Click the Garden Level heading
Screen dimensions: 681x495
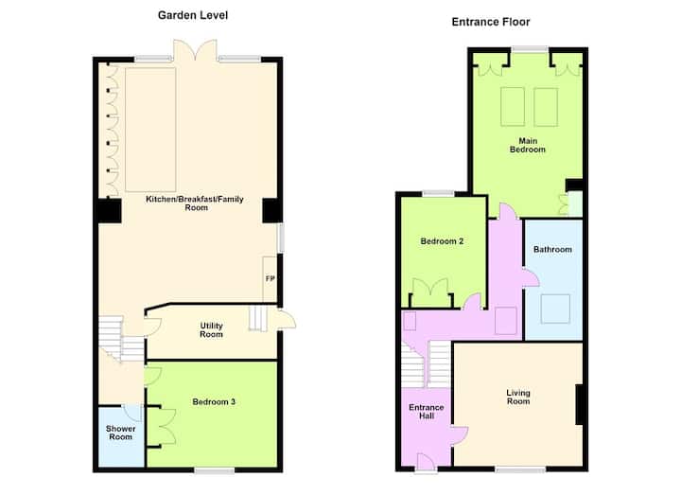tap(193, 15)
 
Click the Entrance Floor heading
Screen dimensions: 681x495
tap(491, 22)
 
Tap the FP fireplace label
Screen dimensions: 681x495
tap(271, 278)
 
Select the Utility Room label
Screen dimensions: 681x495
tap(212, 330)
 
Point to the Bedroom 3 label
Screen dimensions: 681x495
tap(214, 402)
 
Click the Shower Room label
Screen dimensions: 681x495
tap(121, 433)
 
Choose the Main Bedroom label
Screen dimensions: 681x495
tap(528, 145)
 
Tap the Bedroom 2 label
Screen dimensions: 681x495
tap(442, 241)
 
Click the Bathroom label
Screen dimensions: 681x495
tap(552, 250)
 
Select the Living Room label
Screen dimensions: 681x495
tap(518, 397)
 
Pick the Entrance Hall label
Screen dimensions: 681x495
tap(427, 412)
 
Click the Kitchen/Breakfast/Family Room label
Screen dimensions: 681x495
tap(195, 203)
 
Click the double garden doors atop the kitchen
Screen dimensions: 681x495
tap(195, 50)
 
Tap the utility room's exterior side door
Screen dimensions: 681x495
tap(287, 319)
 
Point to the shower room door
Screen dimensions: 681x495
tap(132, 412)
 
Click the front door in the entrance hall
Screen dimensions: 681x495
tap(426, 462)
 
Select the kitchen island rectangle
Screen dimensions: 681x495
tap(150, 130)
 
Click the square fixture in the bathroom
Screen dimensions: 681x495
tap(555, 309)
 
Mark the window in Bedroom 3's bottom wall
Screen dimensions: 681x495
tap(214, 470)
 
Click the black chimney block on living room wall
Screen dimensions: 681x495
tap(579, 404)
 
